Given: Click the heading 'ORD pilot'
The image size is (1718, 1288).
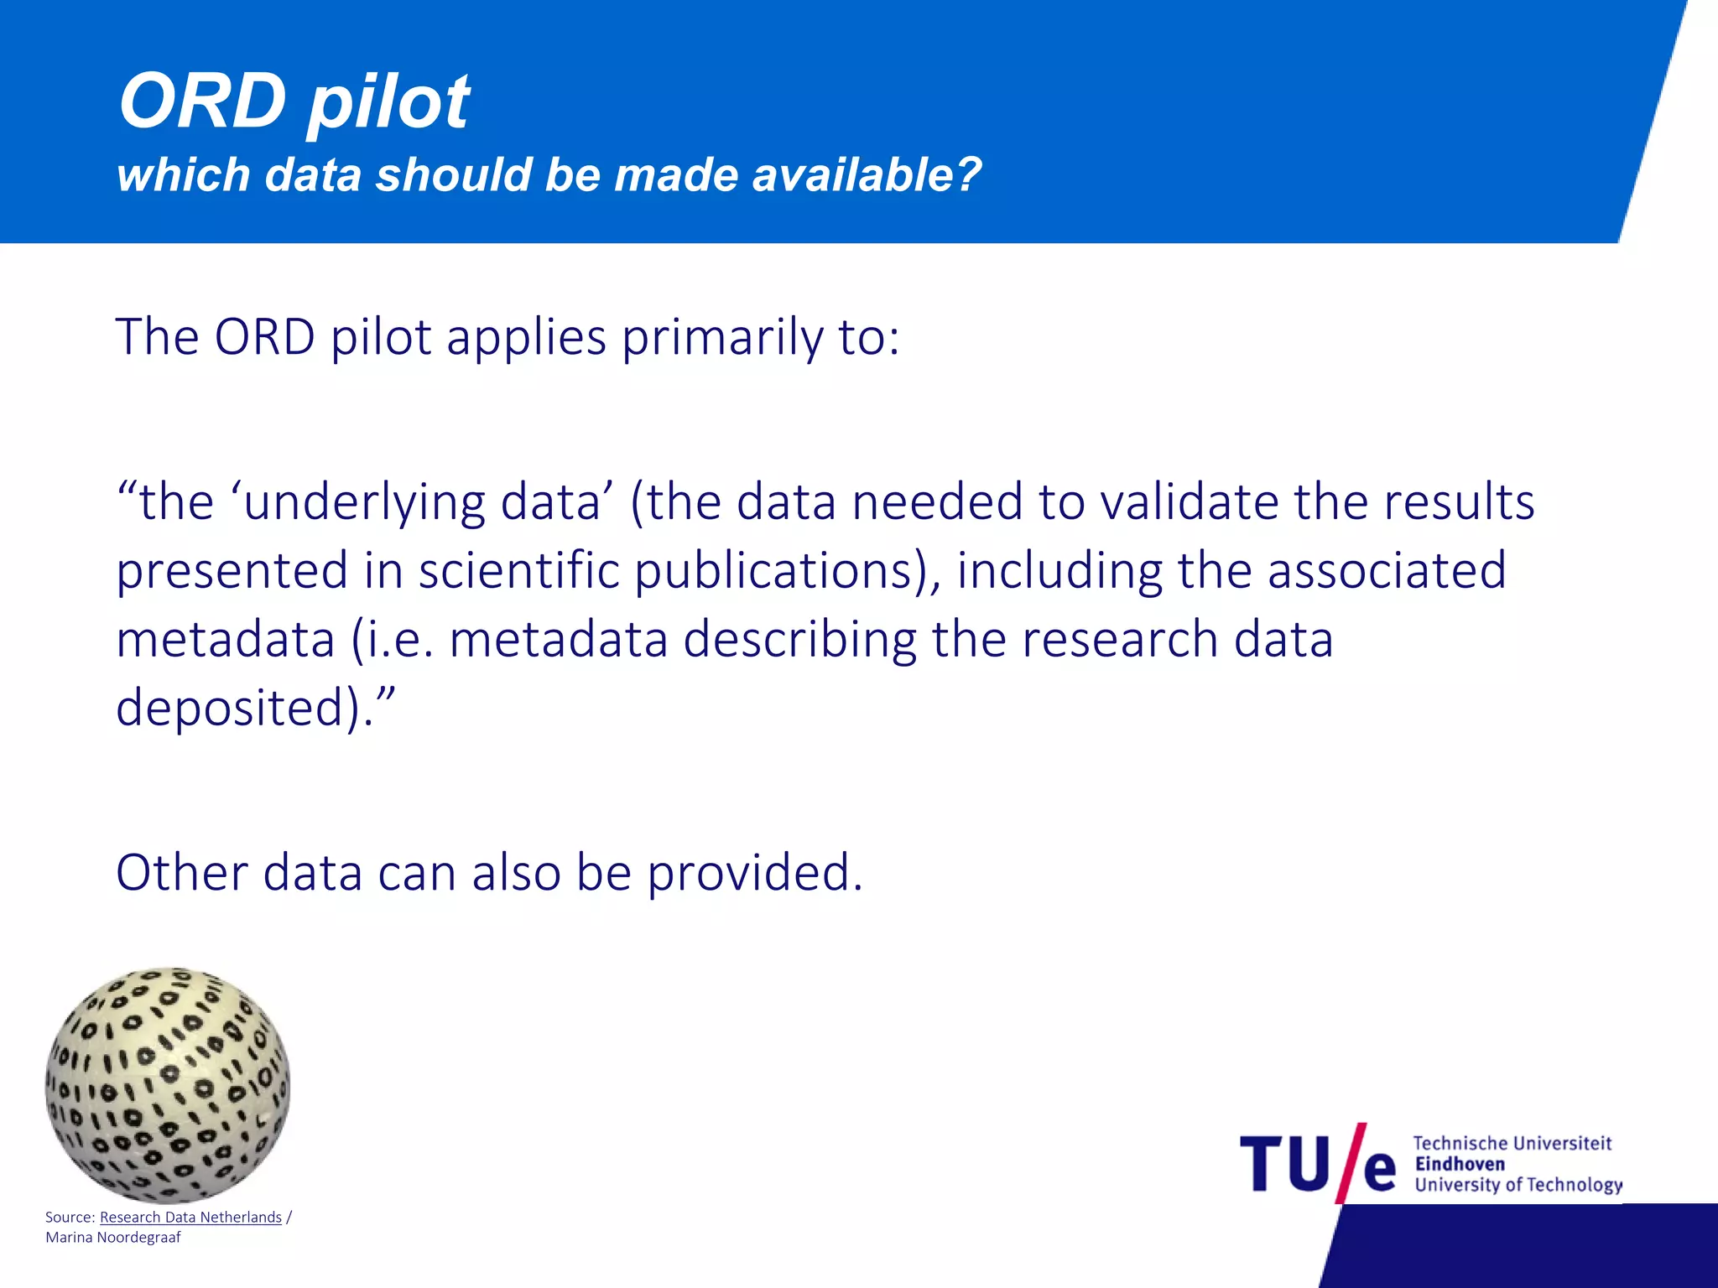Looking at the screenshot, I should click(x=294, y=102).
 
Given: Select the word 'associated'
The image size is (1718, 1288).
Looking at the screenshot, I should click(x=1387, y=570).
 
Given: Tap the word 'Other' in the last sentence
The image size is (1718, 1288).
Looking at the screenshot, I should click(x=181, y=873).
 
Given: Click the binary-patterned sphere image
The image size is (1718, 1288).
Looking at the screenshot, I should click(x=168, y=1085).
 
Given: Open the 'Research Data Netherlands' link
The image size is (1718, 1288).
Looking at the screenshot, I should click(x=190, y=1218).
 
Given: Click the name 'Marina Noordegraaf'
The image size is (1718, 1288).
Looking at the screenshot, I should click(x=113, y=1238).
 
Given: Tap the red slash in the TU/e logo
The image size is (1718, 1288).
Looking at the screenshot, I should click(x=1351, y=1162).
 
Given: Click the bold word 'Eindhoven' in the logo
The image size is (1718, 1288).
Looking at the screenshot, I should click(x=1460, y=1164).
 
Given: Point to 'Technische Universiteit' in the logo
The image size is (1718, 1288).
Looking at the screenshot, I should click(x=1512, y=1143).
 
